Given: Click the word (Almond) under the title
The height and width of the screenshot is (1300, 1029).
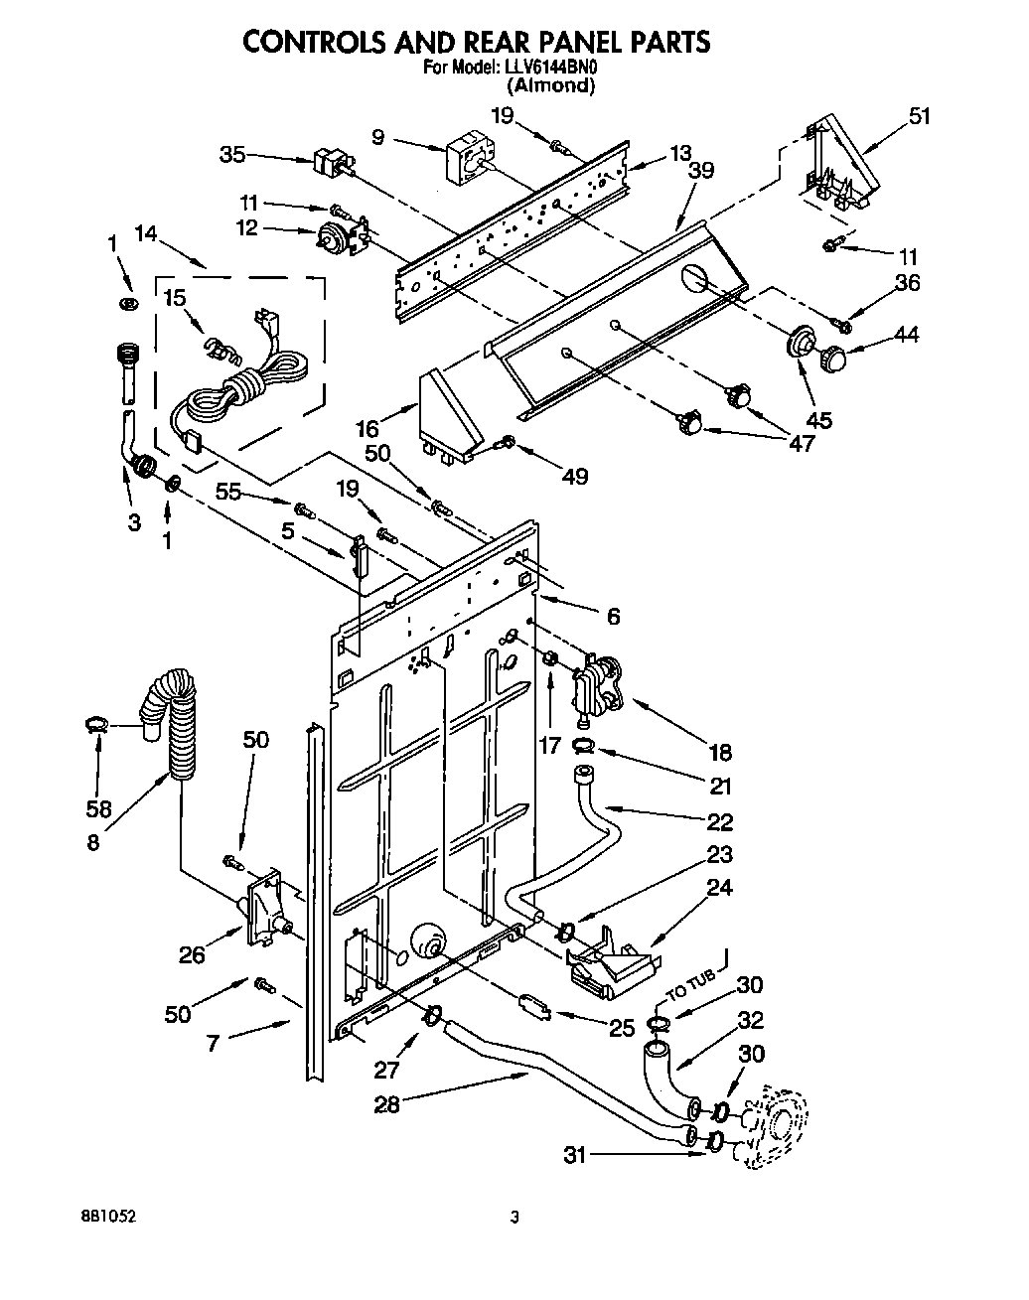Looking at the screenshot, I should point(550,85).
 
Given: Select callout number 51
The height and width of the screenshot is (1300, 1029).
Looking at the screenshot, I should point(919,116).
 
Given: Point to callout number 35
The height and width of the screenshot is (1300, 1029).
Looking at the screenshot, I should point(231,154).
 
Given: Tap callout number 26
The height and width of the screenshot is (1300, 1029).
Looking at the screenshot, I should point(192,955).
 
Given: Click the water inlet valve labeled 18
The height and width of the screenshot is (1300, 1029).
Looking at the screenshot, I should point(599,685).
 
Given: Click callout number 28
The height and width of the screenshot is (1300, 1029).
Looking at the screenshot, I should point(386,1104).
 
